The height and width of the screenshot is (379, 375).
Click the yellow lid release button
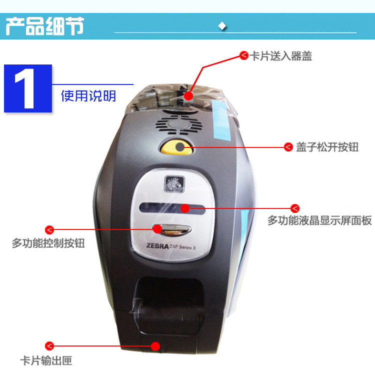pos(176,147)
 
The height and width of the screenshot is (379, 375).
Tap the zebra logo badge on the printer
pos(174,183)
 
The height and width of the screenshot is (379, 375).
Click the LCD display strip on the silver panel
pos(172,208)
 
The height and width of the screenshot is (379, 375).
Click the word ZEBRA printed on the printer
pos(157,246)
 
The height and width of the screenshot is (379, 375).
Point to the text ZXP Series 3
pos(182,247)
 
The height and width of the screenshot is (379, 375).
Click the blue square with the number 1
pos(28,88)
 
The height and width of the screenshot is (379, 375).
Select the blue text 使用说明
pos(88,96)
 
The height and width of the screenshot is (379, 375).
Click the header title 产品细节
pos(44,26)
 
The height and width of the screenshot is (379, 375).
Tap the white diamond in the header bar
pos(222,26)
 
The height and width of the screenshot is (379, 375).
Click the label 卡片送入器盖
pos(280,56)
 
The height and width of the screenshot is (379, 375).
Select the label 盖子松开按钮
pos(327,147)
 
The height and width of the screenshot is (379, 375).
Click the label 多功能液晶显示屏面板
pos(319,220)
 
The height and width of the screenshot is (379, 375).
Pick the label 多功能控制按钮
pos(48,243)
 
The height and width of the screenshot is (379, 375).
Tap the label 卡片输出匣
pos(46,360)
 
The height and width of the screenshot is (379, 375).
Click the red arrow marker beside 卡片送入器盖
pos(244,55)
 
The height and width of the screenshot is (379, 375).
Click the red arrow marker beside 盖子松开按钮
pos(288,146)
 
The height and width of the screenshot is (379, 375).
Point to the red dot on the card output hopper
pos(155,346)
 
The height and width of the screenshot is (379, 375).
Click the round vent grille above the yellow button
pos(179,124)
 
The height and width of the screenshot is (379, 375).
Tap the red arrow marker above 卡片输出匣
pos(49,346)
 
